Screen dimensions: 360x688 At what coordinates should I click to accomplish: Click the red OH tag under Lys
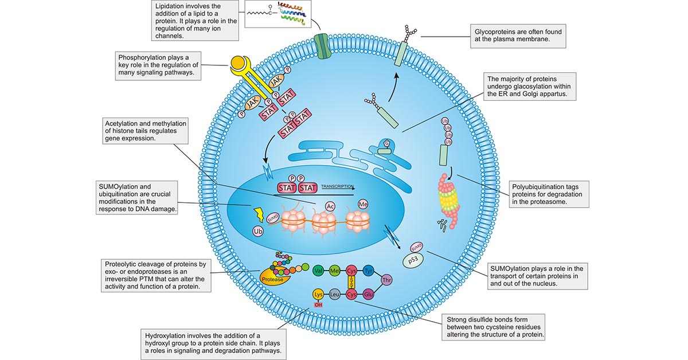319,304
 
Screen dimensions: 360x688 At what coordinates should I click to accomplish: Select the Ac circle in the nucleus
330,206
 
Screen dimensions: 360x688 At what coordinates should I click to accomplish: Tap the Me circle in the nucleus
362,204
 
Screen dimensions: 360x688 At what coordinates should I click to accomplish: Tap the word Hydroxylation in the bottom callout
171,335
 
